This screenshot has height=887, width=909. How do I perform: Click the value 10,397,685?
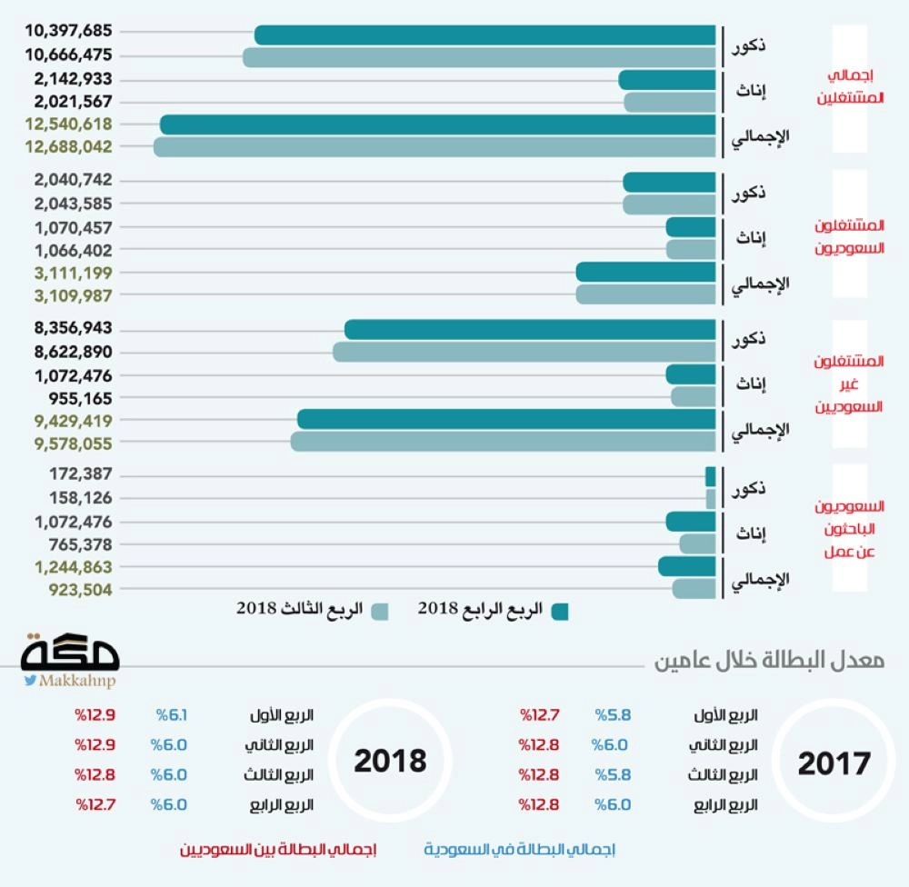[69, 34]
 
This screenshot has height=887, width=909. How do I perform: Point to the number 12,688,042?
[69, 146]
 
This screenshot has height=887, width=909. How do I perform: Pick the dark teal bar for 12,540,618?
[436, 125]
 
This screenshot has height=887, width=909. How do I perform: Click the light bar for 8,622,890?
[524, 352]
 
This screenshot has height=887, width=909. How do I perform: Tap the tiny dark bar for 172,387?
[710, 475]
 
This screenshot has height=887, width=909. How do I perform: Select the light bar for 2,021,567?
[669, 102]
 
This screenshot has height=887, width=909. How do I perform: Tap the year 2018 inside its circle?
[390, 761]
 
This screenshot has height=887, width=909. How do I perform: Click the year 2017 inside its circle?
[834, 763]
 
